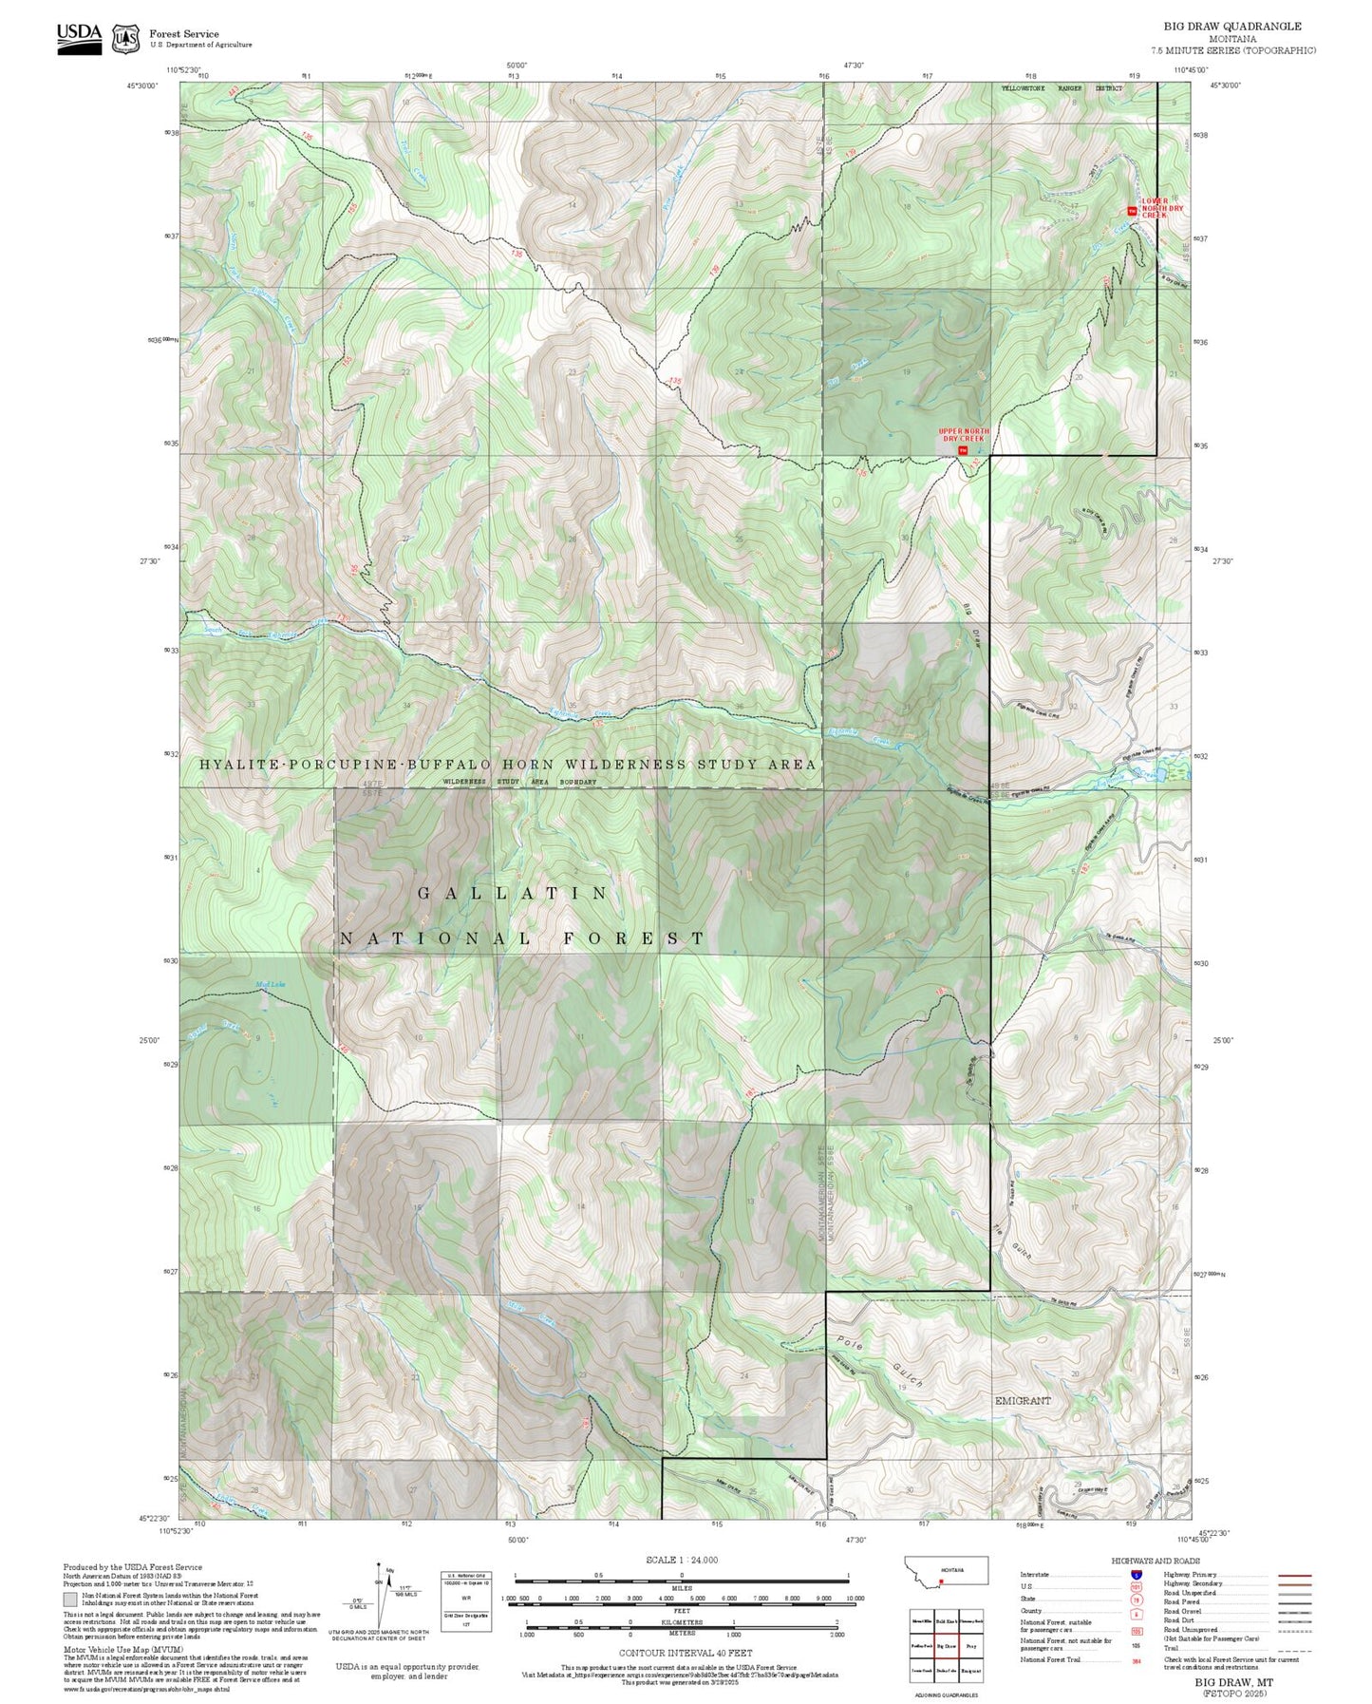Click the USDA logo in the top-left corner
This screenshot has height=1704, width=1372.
coord(78,37)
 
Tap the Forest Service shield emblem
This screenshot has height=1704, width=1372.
coord(125,39)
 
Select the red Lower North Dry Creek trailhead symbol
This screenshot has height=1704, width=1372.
coord(1131,211)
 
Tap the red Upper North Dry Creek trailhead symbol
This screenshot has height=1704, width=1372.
coord(962,450)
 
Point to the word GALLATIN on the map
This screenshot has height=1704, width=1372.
coord(513,893)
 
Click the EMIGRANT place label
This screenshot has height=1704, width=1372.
coord(1023,1401)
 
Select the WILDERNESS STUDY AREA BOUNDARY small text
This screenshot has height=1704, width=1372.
coord(519,782)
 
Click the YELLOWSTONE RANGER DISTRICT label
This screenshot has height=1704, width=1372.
coord(1062,88)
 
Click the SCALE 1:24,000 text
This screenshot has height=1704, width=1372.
coord(681,1560)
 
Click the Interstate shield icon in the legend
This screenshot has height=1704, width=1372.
coord(1136,1575)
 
